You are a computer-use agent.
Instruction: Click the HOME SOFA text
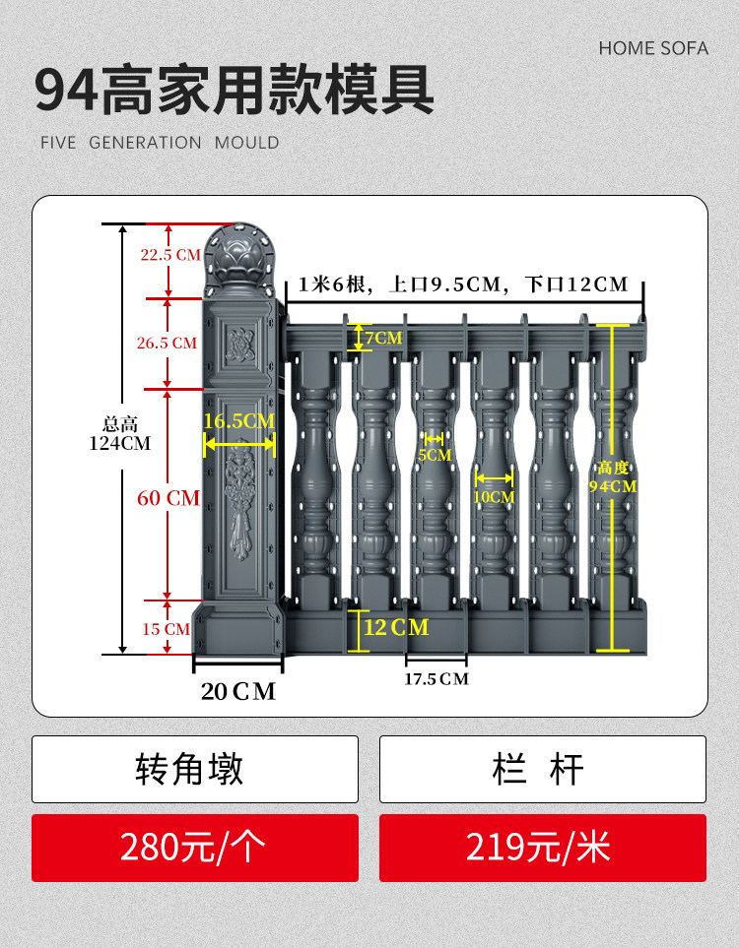(x=653, y=48)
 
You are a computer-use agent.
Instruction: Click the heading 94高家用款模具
(x=235, y=91)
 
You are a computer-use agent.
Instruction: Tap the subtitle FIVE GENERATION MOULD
(x=160, y=143)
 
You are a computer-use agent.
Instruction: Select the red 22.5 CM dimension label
(x=169, y=255)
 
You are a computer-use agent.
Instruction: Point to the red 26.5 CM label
(x=167, y=344)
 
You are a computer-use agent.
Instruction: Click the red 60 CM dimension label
(x=168, y=498)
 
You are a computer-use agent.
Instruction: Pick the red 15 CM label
(x=165, y=629)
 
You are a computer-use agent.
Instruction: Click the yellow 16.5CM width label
(x=238, y=421)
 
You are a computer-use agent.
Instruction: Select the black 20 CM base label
(x=238, y=692)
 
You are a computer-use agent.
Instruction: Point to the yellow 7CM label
(x=382, y=338)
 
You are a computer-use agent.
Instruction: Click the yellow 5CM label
(x=434, y=455)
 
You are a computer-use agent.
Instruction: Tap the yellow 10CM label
(x=494, y=497)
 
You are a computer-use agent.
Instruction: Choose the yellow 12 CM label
(x=396, y=627)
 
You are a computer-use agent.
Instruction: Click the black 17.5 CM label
(x=437, y=679)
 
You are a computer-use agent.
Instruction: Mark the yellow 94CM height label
(x=612, y=477)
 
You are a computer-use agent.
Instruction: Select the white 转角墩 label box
(x=195, y=769)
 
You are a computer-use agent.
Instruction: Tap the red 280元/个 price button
(x=195, y=848)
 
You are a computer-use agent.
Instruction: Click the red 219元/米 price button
(x=542, y=848)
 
